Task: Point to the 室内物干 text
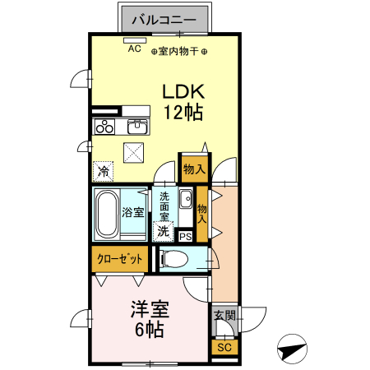[x=179, y=51]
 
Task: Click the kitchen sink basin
[x=136, y=127]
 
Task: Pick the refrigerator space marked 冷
[x=104, y=171]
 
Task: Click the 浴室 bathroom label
[x=133, y=212]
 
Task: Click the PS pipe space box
[x=185, y=237]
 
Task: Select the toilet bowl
[x=173, y=259]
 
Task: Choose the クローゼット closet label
[x=120, y=258]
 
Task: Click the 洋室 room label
[x=150, y=311]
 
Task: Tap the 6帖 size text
[x=150, y=331]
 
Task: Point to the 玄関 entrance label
[x=224, y=315]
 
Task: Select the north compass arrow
[x=291, y=350]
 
